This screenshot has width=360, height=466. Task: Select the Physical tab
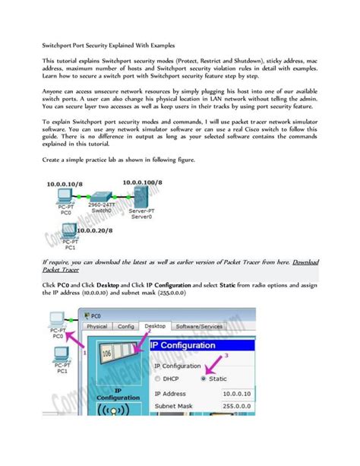(x=97, y=326)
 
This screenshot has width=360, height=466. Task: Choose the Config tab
(x=126, y=326)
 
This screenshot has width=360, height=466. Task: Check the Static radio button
(x=204, y=378)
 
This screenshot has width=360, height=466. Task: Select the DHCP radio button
(x=157, y=378)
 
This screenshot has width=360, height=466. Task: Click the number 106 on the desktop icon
(x=108, y=356)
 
